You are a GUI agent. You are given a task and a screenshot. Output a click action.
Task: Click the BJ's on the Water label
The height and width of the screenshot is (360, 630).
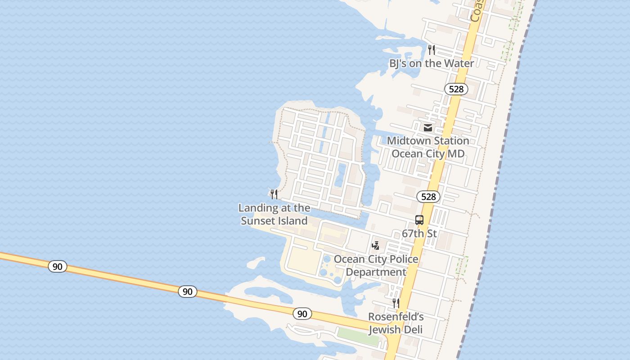point(431,63)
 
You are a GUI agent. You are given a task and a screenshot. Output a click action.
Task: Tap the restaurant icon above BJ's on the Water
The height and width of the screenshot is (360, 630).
point(432,49)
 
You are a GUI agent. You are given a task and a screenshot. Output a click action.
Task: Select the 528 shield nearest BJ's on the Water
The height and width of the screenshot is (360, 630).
point(456,89)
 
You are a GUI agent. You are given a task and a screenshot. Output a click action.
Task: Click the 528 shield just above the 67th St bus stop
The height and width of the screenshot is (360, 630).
point(428,197)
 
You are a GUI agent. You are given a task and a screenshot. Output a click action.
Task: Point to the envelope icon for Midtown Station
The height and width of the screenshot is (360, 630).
point(428,128)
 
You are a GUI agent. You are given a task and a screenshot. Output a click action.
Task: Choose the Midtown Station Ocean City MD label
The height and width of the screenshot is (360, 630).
point(428,147)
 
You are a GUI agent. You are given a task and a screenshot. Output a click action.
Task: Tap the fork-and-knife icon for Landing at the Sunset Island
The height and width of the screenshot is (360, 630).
point(274,194)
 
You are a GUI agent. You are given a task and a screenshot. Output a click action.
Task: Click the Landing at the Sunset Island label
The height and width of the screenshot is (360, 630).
point(274,214)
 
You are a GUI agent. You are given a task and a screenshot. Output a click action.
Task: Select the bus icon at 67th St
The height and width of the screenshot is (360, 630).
point(419,220)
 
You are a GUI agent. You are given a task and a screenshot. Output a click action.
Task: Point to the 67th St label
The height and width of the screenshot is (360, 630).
point(419,234)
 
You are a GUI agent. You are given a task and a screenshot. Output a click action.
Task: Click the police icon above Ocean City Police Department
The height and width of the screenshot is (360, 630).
point(376,246)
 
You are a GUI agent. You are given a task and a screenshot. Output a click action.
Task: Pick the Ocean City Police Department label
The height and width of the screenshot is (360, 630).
point(376,265)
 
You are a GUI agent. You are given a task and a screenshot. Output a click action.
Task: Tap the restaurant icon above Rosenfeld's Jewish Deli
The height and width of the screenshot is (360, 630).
point(396,303)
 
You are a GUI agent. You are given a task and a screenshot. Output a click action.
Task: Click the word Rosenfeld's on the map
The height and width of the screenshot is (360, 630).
point(396,317)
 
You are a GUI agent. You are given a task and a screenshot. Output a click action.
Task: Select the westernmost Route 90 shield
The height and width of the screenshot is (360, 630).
point(58,266)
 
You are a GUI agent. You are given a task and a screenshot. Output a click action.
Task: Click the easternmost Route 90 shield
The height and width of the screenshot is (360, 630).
point(302,314)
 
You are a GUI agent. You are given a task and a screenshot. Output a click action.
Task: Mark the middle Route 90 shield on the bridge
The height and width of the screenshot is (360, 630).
point(188,292)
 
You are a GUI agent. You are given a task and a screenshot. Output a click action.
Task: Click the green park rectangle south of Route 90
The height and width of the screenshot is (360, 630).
point(358,336)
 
